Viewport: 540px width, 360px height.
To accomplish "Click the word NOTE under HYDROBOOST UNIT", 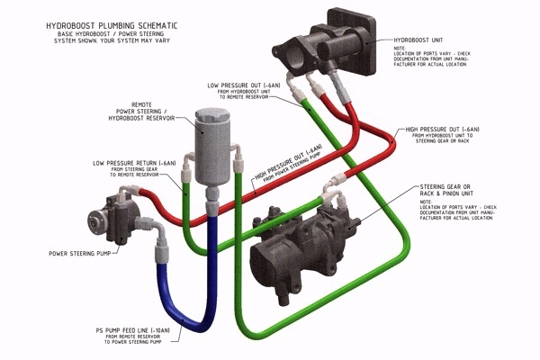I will pyautogui.click(x=400, y=49).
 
